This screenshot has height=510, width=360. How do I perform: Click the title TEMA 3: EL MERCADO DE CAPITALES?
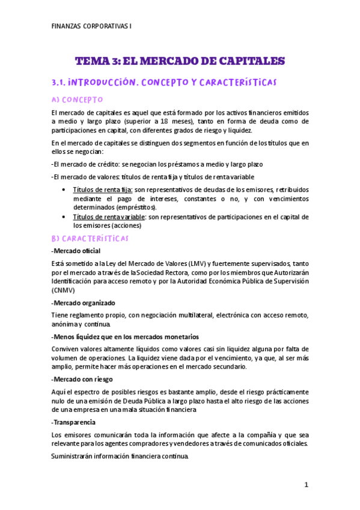(x=180, y=61)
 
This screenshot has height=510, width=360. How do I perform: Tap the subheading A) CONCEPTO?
(x=78, y=99)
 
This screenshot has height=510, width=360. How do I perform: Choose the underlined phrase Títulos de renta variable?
(x=109, y=217)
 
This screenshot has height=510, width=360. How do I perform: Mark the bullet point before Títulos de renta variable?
(x=64, y=217)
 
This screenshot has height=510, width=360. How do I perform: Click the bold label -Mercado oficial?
(x=76, y=250)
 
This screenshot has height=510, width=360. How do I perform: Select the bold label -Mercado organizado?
(x=83, y=302)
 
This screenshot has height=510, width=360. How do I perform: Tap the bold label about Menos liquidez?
(x=125, y=336)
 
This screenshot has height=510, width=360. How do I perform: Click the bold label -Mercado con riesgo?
(x=82, y=379)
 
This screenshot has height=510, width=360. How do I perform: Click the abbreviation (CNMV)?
(x=63, y=289)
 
